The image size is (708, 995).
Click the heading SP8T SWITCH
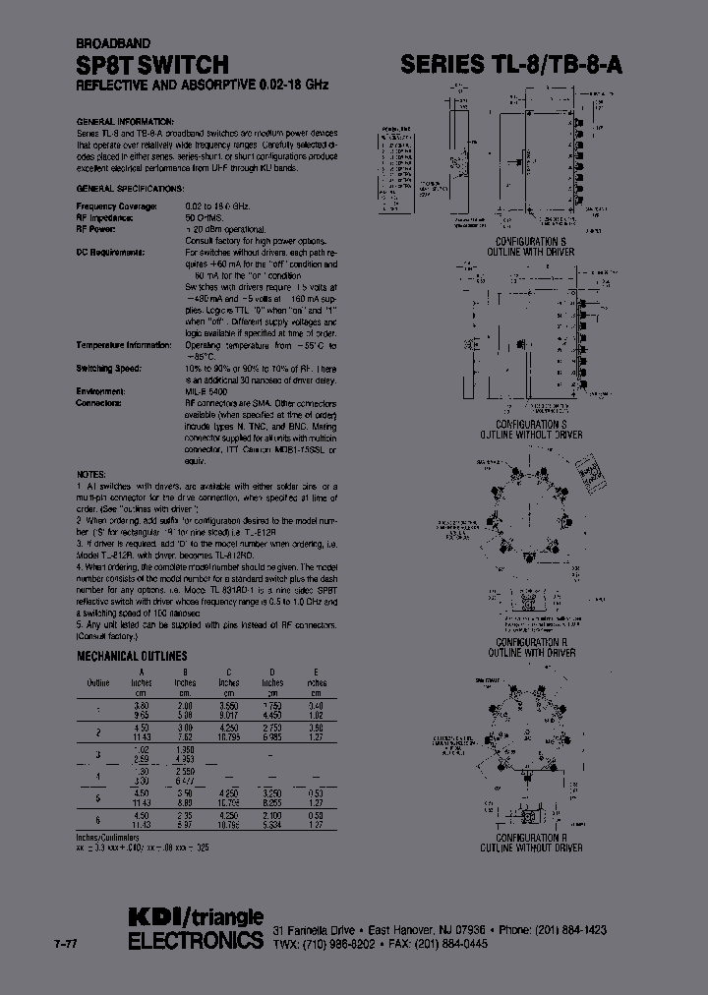pyautogui.click(x=152, y=65)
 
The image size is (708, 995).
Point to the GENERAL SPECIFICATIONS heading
pyautogui.click(x=130, y=187)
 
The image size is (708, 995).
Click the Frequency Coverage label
pyautogui.click(x=116, y=205)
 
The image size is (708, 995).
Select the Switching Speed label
pyautogui.click(x=108, y=368)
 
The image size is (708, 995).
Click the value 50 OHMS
pyautogui.click(x=207, y=216)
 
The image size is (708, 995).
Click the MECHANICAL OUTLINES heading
pyautogui.click(x=132, y=656)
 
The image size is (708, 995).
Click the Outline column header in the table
pyautogui.click(x=97, y=681)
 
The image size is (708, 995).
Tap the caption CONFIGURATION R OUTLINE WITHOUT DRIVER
pyautogui.click(x=530, y=842)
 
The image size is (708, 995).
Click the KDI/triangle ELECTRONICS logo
pyautogui.click(x=196, y=928)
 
